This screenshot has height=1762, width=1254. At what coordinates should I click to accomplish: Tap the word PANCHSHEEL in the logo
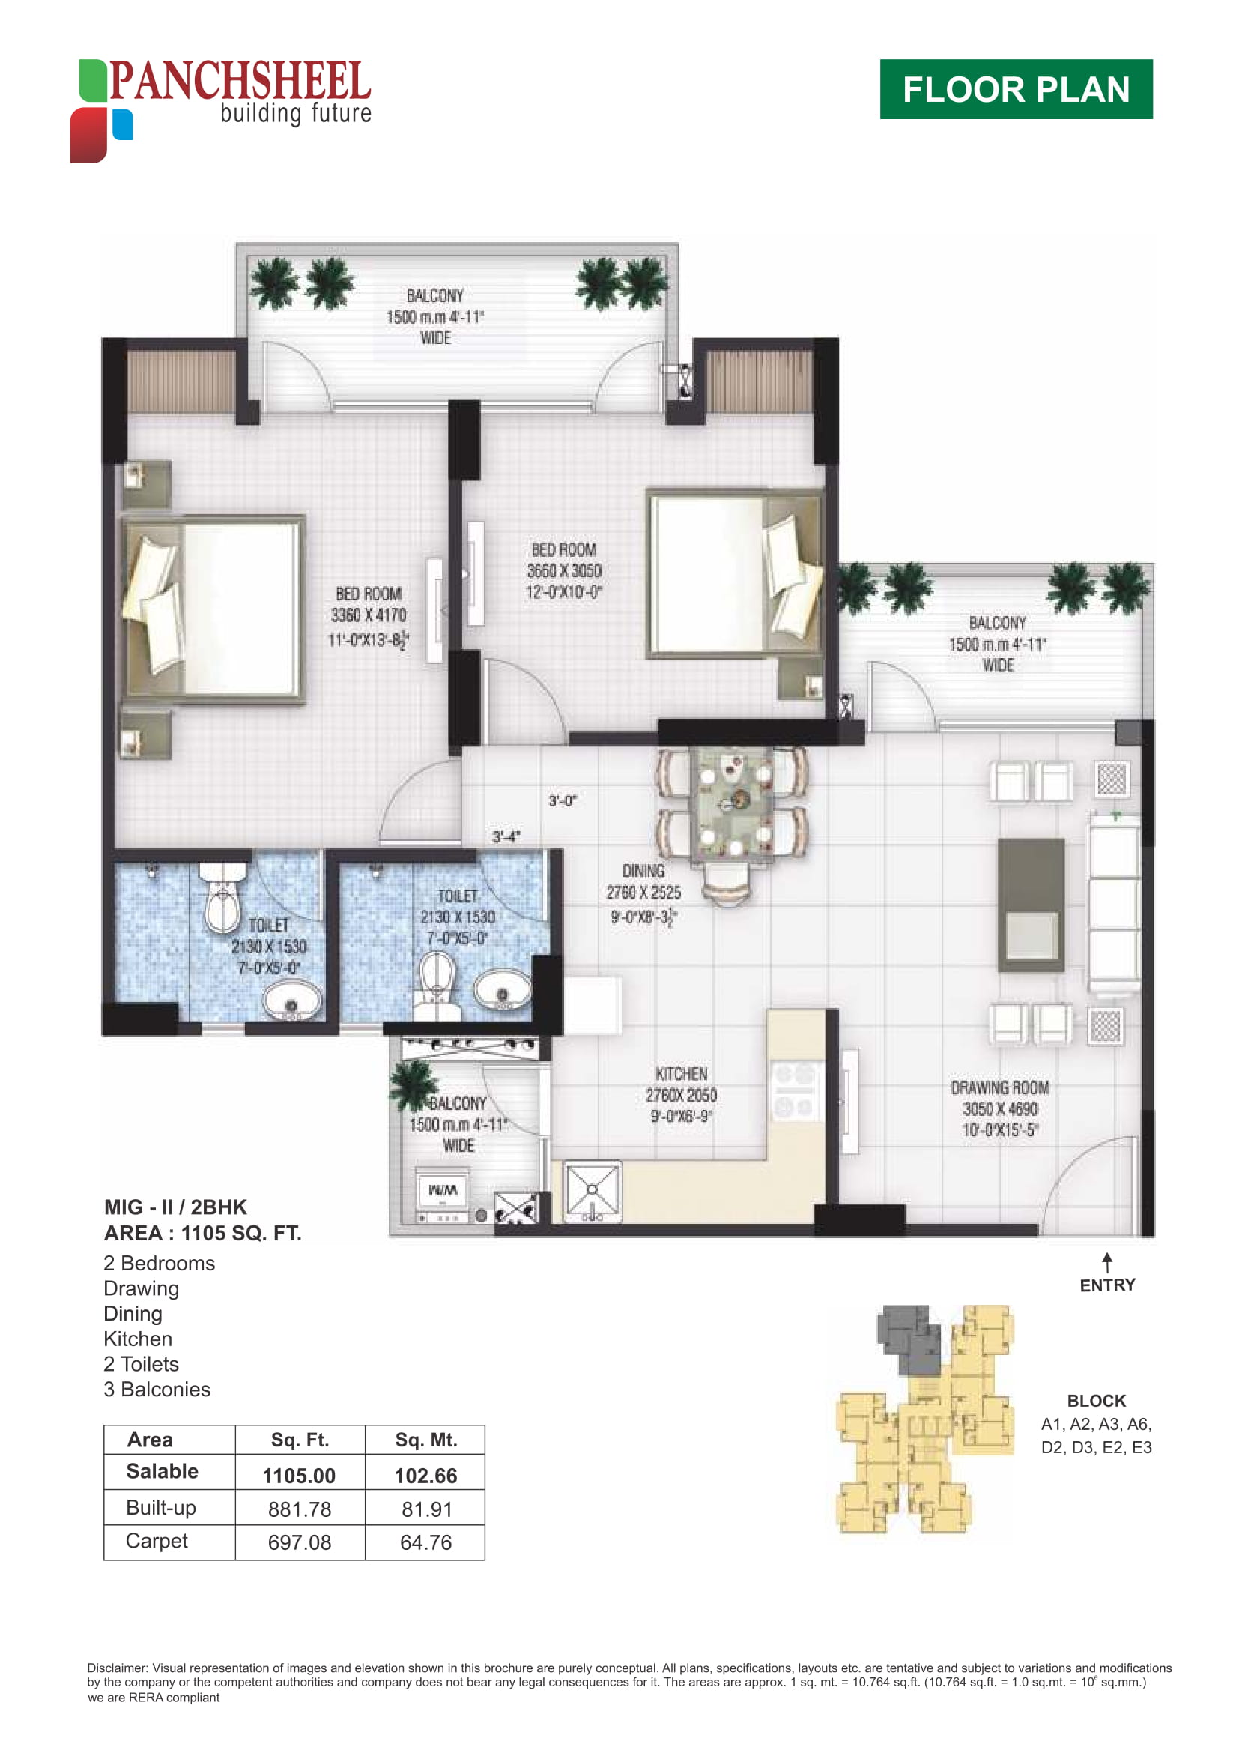(240, 81)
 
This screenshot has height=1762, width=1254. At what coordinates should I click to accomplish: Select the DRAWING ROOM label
(1000, 1087)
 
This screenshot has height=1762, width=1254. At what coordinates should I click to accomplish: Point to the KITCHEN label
(681, 1074)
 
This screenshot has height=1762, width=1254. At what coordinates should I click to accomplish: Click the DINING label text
(643, 871)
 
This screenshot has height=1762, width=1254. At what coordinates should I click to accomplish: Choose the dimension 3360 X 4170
(369, 615)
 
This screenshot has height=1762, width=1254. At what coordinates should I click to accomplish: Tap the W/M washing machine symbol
(443, 1190)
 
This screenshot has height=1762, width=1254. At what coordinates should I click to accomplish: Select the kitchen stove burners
(794, 1091)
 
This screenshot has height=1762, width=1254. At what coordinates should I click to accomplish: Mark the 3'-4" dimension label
(506, 836)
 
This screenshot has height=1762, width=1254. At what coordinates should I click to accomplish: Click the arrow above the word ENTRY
(1107, 1263)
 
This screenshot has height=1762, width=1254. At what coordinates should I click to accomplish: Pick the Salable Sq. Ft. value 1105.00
(299, 1476)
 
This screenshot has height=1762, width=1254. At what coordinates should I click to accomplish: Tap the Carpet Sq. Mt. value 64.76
(425, 1542)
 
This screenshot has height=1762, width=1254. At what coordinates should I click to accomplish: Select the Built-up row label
(160, 1508)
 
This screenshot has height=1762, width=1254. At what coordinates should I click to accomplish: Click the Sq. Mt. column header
(426, 1440)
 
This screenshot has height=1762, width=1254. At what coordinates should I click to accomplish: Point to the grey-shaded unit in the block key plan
(909, 1340)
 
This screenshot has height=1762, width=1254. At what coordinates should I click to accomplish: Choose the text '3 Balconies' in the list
(157, 1389)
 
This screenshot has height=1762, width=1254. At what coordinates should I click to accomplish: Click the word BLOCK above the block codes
(1096, 1401)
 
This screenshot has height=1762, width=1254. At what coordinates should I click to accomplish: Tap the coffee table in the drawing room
(1031, 905)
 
